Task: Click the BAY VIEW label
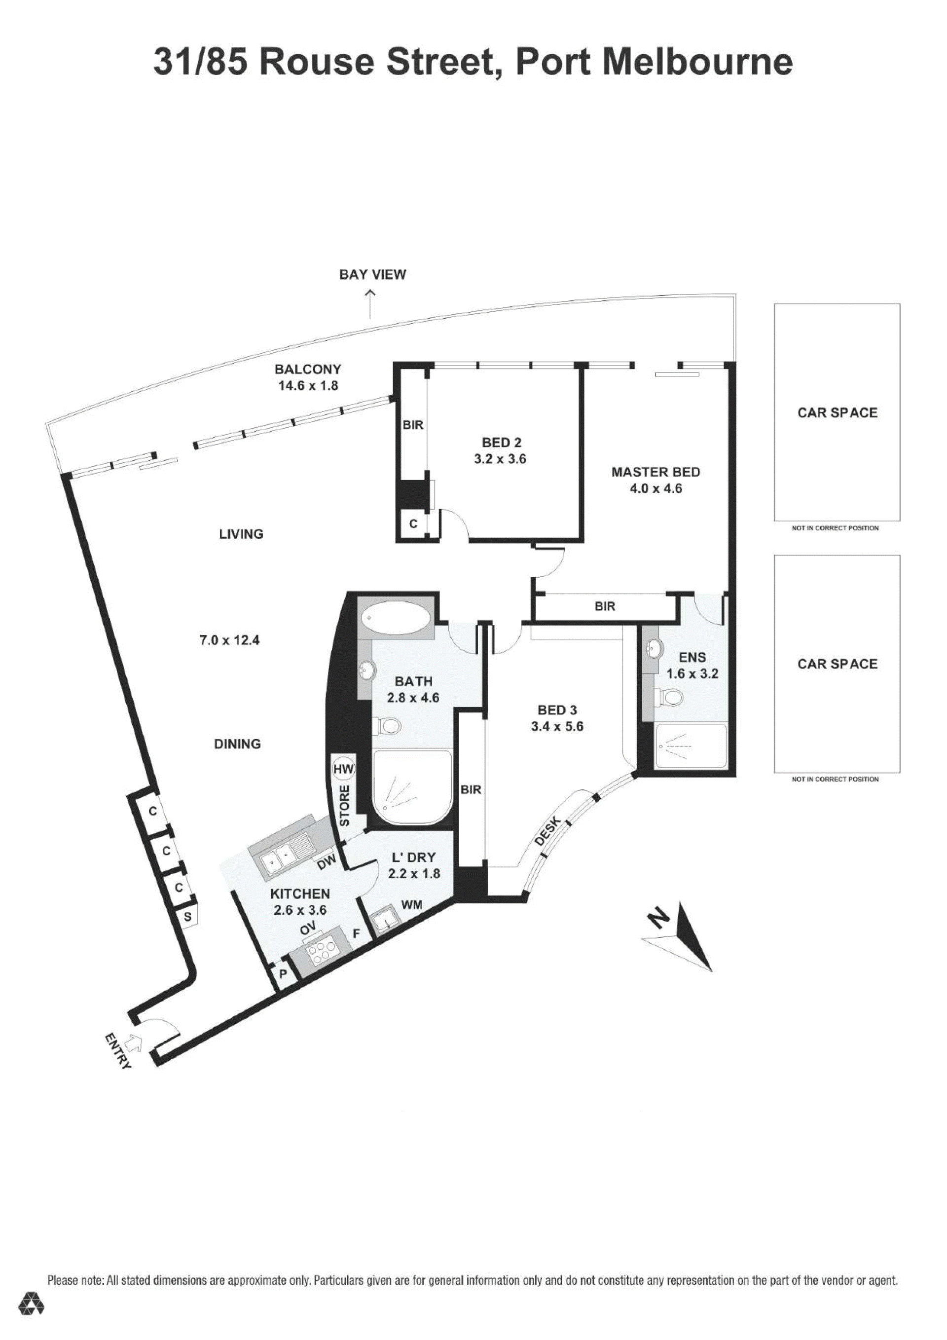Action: [x=372, y=274]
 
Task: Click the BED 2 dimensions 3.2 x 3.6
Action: [x=500, y=459]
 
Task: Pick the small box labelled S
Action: [x=187, y=916]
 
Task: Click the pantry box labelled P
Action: [x=284, y=974]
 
